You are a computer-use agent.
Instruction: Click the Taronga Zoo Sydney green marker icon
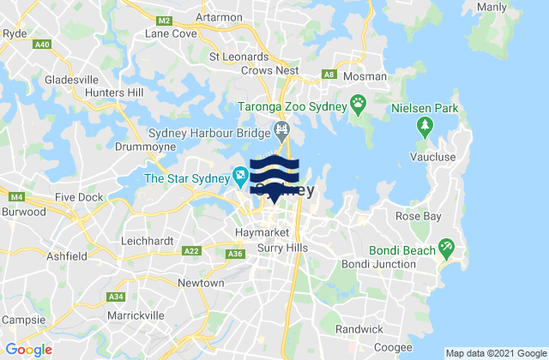click(x=358, y=106)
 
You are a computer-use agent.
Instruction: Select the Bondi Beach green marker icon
click(x=445, y=249)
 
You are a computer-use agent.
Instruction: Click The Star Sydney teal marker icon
click(x=240, y=178)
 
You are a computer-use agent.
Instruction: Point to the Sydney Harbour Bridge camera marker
click(x=281, y=131)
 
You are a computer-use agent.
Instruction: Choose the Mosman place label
click(x=365, y=77)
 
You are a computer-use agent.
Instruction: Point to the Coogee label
click(x=394, y=347)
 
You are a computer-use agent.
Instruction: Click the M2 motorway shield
click(x=166, y=20)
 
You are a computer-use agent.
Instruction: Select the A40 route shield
click(x=41, y=44)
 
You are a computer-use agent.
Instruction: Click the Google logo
click(x=28, y=350)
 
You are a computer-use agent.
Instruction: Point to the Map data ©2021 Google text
click(x=495, y=353)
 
